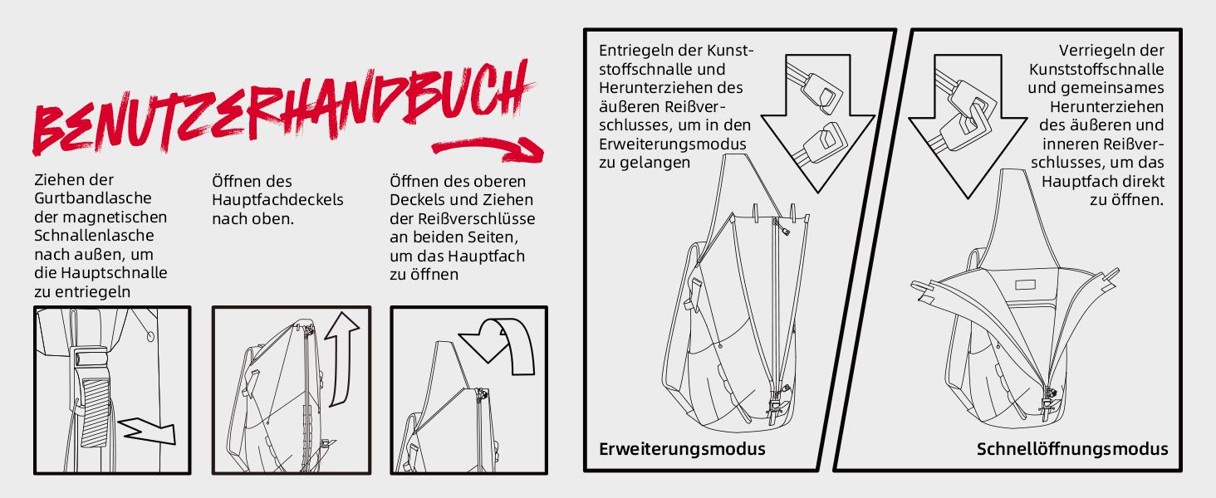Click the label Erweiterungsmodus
[x=682, y=449]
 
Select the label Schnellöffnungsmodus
[x=1072, y=449]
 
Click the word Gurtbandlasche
[x=93, y=198]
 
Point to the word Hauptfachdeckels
[x=277, y=200]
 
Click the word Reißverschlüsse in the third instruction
[x=476, y=218]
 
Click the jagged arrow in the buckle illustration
[x=147, y=431]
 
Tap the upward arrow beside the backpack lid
[x=341, y=359]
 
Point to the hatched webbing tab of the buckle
[x=96, y=413]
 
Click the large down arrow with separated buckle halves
[x=817, y=123]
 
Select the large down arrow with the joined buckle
[x=968, y=126]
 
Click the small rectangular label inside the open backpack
[x=1025, y=284]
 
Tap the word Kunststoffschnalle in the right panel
[x=1096, y=70]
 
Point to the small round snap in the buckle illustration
[x=150, y=336]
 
